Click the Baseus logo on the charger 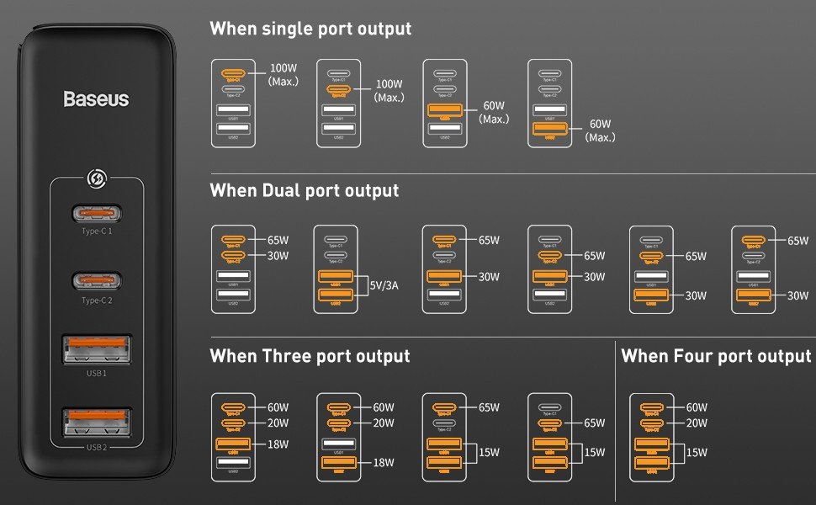click(96, 99)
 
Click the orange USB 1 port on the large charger click(96, 349)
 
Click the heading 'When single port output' click(310, 29)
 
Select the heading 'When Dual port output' click(304, 191)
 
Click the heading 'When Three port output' click(310, 356)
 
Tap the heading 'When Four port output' click(716, 356)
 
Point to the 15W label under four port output click(697, 453)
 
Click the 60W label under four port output click(697, 407)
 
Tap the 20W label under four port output click(697, 423)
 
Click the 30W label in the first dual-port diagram click(278, 256)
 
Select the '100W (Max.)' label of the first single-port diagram click(283, 75)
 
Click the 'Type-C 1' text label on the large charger click(96, 231)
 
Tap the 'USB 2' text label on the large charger click(96, 447)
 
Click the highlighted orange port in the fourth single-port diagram click(549, 130)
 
